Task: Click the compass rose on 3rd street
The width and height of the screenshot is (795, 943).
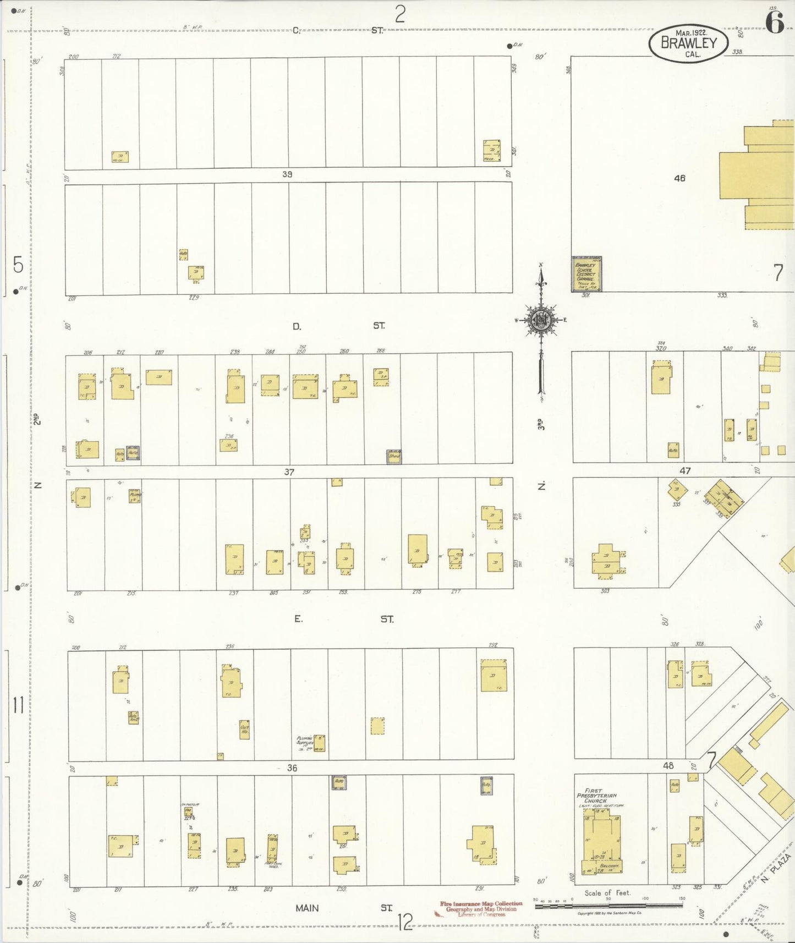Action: [x=541, y=320]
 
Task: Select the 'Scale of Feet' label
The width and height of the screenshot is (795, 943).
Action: [x=607, y=893]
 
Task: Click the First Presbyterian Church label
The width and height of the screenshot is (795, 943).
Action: [x=597, y=796]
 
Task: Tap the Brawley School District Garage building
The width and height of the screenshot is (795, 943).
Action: [x=586, y=274]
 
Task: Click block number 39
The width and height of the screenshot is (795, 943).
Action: [x=287, y=174]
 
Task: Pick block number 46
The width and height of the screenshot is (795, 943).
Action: [x=679, y=178]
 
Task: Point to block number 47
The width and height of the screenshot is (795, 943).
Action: [x=685, y=470]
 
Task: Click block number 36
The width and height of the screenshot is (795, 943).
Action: [x=292, y=767]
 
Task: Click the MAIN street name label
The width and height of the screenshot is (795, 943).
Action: [x=307, y=908]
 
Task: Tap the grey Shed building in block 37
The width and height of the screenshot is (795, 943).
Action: [x=394, y=456]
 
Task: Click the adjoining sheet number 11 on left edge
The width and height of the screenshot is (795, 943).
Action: [x=19, y=705]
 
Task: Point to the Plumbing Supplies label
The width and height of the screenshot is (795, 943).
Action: [x=304, y=742]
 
